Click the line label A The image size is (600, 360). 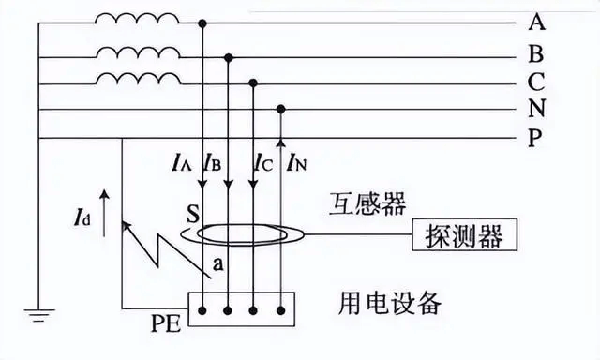coord(537,22)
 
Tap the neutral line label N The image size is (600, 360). coord(536,110)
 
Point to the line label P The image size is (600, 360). coord(536,140)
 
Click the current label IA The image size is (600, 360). coord(183,161)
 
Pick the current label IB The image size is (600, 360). coord(212,161)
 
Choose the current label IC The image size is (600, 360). coord(263,161)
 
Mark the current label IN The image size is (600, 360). coord(297,161)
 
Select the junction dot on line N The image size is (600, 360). coord(280,109)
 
